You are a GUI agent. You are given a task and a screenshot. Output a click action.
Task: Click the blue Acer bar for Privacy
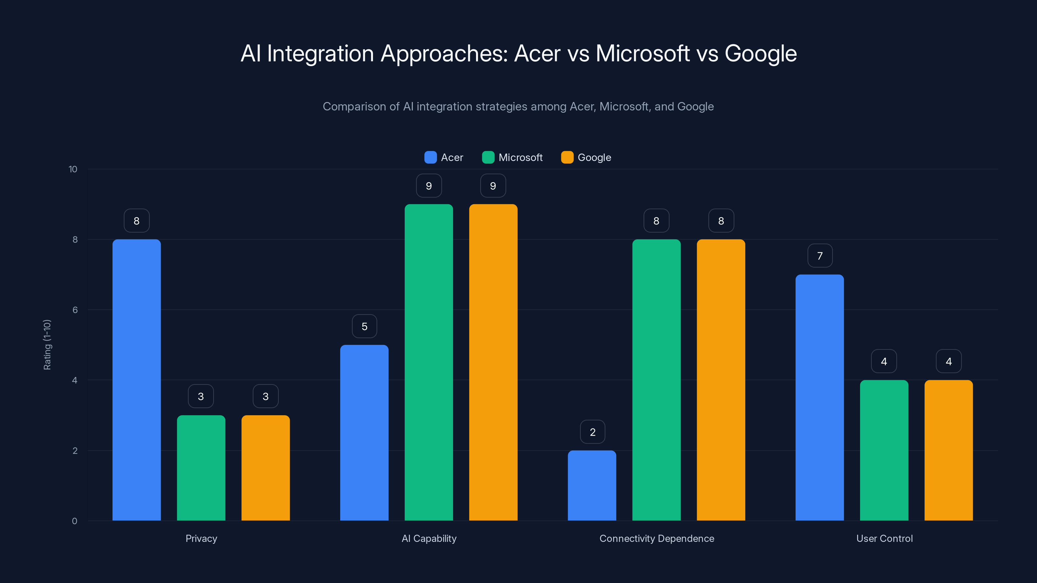pyautogui.click(x=136, y=380)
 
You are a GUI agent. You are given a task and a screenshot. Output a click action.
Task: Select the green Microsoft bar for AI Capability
pyautogui.click(x=429, y=362)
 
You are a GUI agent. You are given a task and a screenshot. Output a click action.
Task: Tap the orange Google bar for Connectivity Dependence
pyautogui.click(x=721, y=380)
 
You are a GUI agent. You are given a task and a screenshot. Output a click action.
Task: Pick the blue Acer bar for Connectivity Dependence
pyautogui.click(x=592, y=485)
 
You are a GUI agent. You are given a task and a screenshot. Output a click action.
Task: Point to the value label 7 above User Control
pyautogui.click(x=820, y=256)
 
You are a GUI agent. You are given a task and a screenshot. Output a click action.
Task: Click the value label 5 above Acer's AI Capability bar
pyautogui.click(x=364, y=326)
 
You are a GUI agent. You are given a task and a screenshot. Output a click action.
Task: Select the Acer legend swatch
pyautogui.click(x=430, y=157)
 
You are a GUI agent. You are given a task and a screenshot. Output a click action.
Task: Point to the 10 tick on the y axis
pyautogui.click(x=73, y=169)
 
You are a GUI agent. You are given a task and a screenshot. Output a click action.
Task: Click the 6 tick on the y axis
pyautogui.click(x=75, y=310)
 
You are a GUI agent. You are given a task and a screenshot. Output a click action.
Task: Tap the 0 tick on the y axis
pyautogui.click(x=75, y=521)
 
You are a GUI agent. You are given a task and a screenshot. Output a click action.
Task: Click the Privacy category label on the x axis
pyautogui.click(x=201, y=538)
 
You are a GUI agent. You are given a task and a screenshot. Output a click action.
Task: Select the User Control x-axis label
pyautogui.click(x=884, y=538)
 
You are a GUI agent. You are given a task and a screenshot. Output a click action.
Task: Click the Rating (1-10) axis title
pyautogui.click(x=47, y=345)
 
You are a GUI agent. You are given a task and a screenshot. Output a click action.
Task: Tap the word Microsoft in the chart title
pyautogui.click(x=643, y=53)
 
